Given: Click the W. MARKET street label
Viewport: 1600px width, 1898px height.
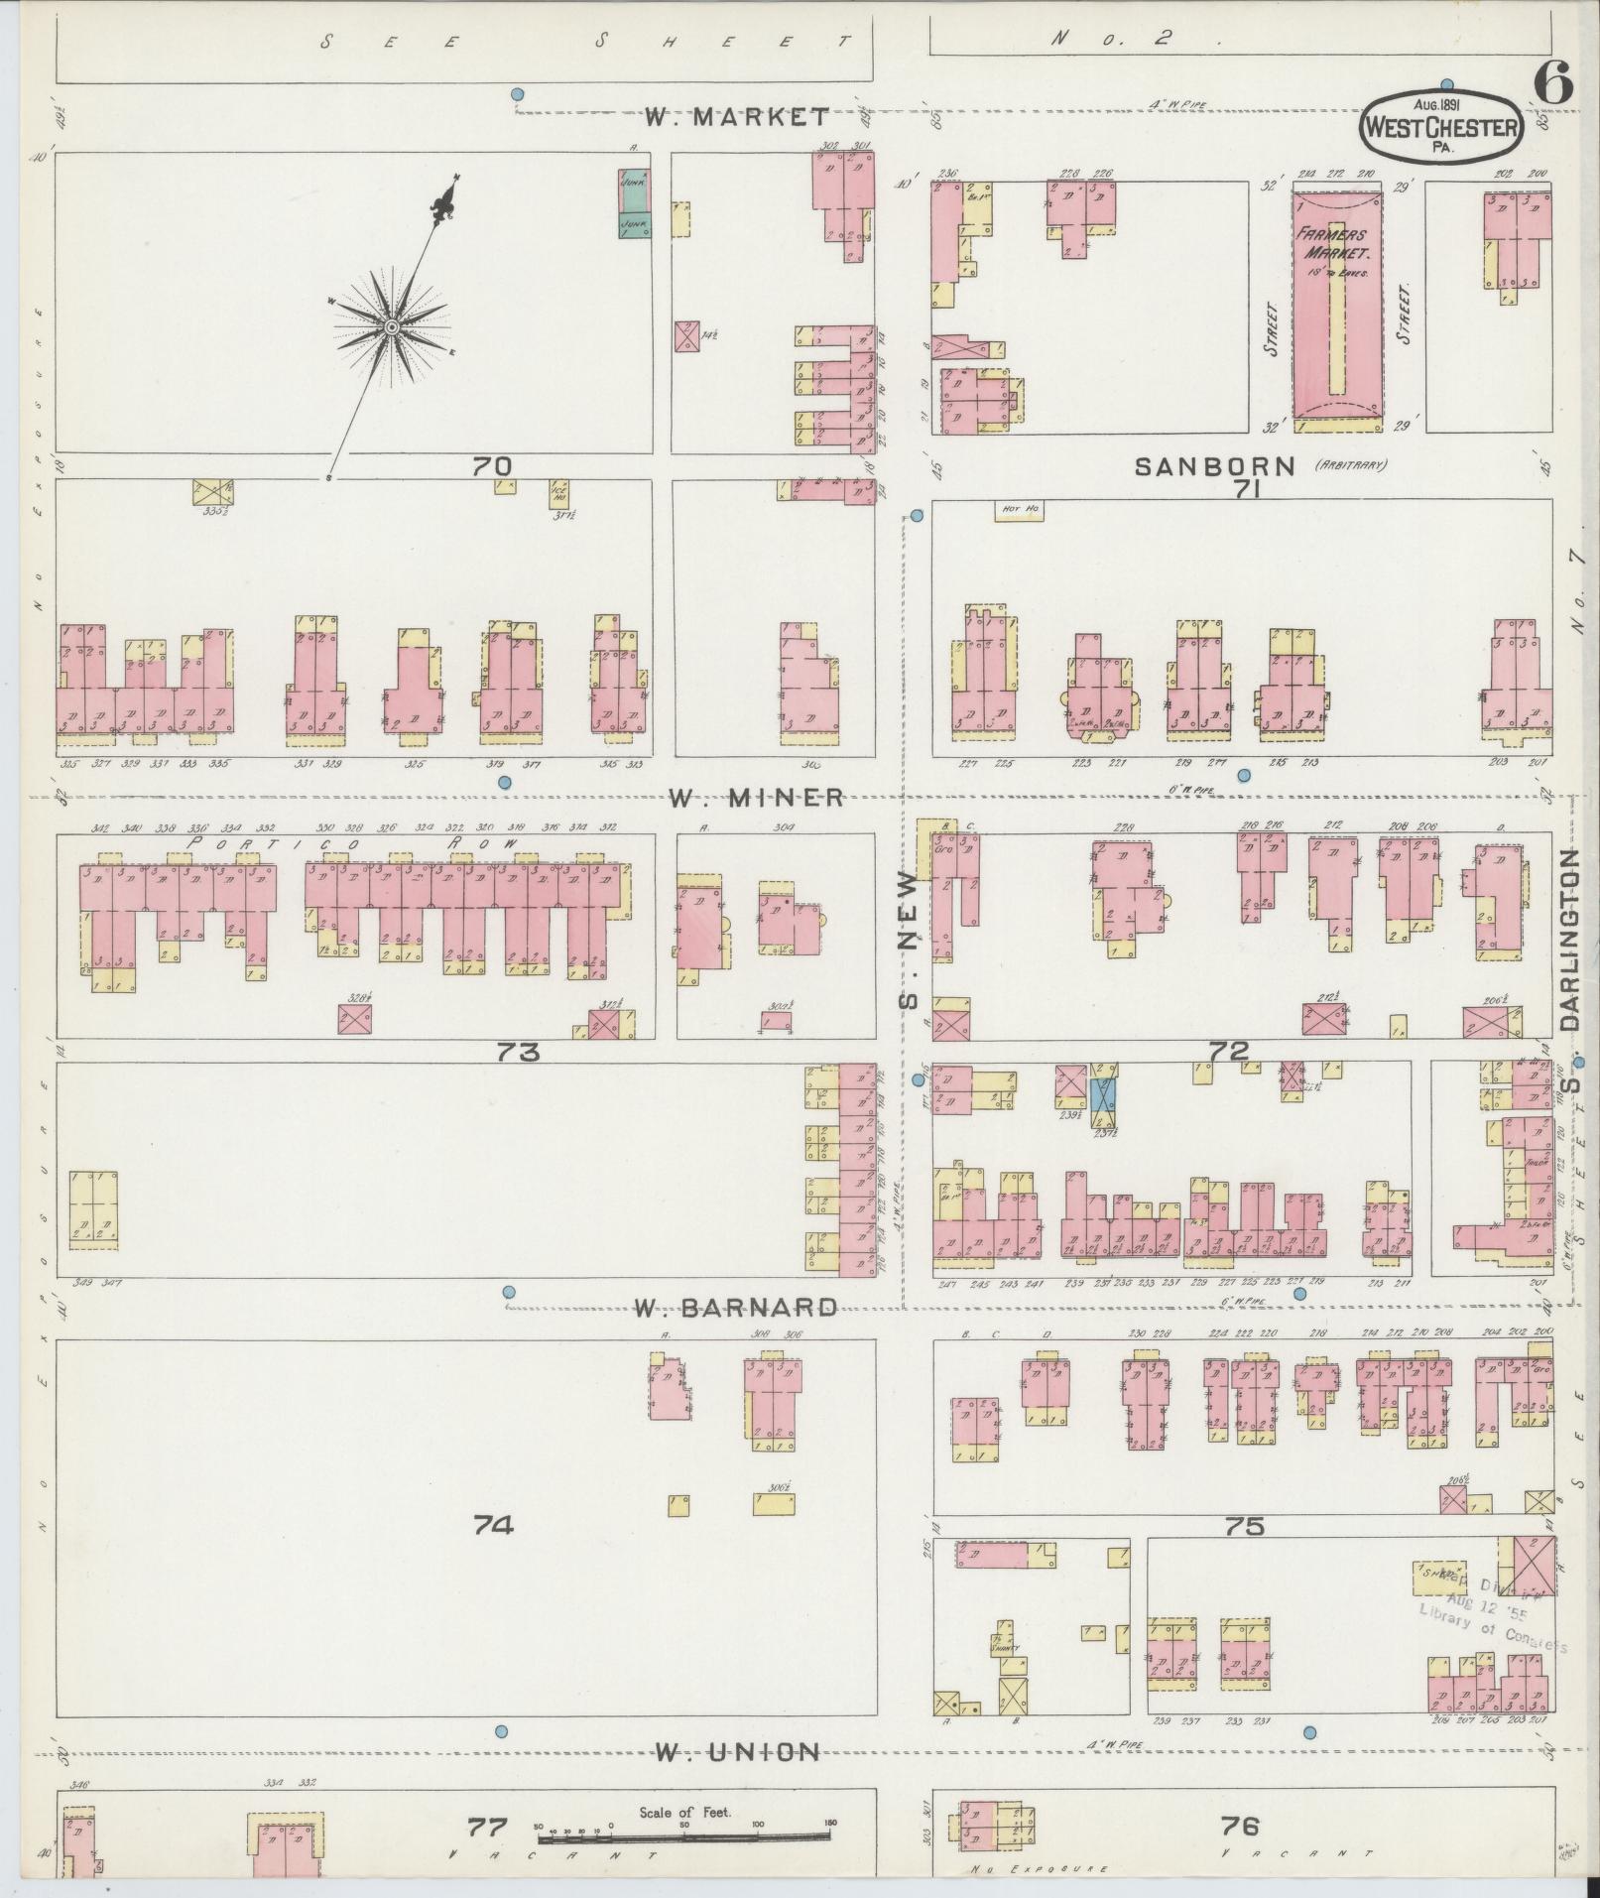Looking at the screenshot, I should [736, 117].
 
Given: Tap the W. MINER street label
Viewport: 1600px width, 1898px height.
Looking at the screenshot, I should [755, 798].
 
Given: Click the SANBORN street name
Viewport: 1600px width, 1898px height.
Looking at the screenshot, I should [1216, 465].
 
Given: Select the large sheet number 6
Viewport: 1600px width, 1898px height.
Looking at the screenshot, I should [1552, 83].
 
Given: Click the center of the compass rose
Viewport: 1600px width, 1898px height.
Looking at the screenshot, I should [392, 326].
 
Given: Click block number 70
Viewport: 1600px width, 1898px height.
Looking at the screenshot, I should [491, 465].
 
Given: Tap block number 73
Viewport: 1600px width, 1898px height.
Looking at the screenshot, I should [518, 1052].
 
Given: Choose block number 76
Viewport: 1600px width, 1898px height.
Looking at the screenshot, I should [1240, 1825].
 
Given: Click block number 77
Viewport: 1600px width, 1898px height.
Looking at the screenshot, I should [488, 1827].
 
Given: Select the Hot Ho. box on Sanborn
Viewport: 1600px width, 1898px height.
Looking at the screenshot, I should [1020, 510].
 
